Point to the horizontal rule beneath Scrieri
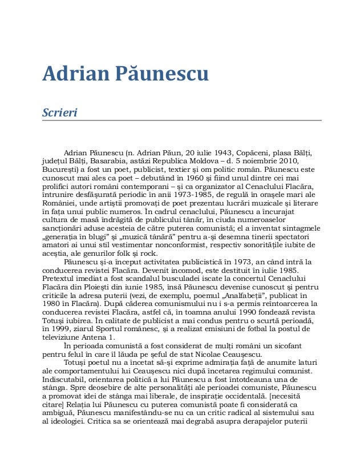(182, 120)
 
